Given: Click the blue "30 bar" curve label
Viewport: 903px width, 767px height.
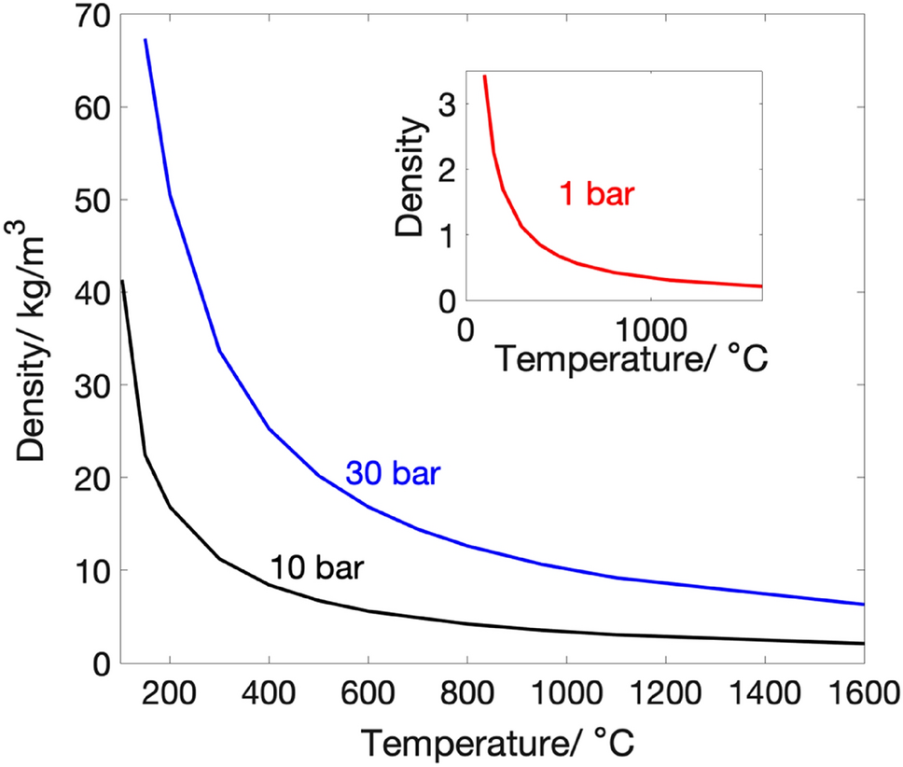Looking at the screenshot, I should click(x=392, y=474).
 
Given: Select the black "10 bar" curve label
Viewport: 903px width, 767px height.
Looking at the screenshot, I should click(x=316, y=567).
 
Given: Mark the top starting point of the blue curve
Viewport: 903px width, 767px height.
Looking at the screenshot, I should click(x=145, y=39).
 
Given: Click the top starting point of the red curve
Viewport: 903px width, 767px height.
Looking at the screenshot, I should click(x=484, y=76).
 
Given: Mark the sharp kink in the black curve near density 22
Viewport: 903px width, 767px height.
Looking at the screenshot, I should click(x=145, y=454).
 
